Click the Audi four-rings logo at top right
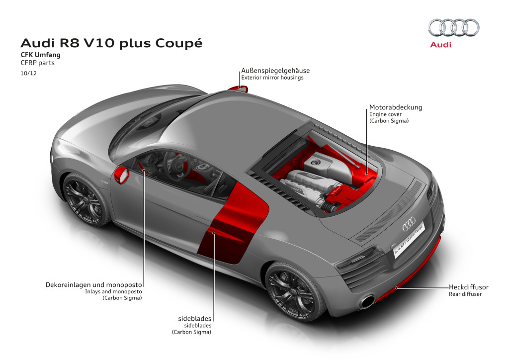[453, 27]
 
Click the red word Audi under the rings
[440, 45]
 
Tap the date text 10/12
[28, 73]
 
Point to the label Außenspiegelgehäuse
[275, 71]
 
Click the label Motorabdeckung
[396, 107]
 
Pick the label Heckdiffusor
[468, 287]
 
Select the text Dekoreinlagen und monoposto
[94, 285]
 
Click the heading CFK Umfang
[41, 55]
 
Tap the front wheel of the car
[85, 200]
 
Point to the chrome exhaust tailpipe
[367, 301]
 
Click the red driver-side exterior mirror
[122, 175]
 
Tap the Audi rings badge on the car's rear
[409, 224]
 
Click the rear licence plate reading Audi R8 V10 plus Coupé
[409, 240]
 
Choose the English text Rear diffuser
[465, 294]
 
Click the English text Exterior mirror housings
[272, 78]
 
